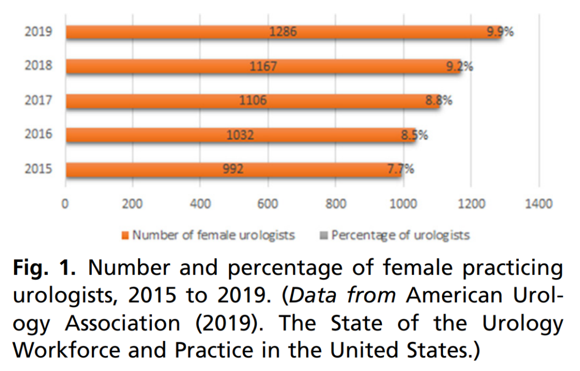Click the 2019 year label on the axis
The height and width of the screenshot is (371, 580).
[38, 32]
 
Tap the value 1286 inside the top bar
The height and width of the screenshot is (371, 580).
[282, 32]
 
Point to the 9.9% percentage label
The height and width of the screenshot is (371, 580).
[500, 32]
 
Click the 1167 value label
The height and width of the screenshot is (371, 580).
[263, 66]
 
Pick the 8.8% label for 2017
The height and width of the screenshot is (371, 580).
[439, 100]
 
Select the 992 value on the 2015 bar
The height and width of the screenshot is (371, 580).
[233, 169]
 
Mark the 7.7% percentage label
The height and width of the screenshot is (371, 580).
[401, 169]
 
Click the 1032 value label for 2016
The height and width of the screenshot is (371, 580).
[240, 134]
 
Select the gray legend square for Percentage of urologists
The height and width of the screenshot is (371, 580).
[324, 236]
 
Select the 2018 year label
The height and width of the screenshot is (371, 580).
[38, 66]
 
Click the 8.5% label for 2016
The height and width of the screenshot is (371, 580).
[414, 134]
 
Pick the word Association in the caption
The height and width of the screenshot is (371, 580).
[123, 323]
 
